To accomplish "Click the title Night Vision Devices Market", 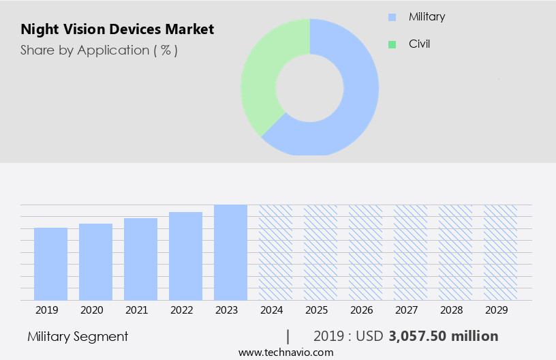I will click(x=117, y=29).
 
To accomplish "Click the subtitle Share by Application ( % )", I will click(x=99, y=50).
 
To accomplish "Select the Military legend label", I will click(x=427, y=16).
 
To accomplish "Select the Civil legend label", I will click(x=419, y=44).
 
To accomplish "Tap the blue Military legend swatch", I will click(x=392, y=17).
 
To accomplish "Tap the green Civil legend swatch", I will click(x=392, y=45).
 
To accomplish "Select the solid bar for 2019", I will click(x=51, y=264).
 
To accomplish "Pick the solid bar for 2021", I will click(x=141, y=259).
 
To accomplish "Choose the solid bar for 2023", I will click(x=230, y=252).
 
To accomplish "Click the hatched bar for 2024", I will click(x=275, y=252).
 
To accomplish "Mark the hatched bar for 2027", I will click(x=410, y=252).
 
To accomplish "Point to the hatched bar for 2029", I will click(x=500, y=252).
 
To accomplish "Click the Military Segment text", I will click(x=78, y=336).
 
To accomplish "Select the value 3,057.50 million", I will click(x=444, y=336).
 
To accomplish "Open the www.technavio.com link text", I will click(x=286, y=352).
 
